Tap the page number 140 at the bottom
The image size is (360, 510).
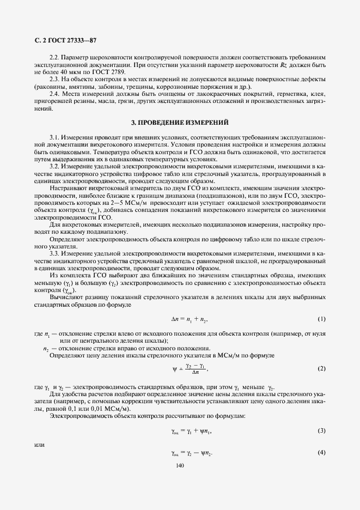point(180,465)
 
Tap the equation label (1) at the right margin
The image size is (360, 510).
point(321,318)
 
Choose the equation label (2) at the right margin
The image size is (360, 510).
point(321,369)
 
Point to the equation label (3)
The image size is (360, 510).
point(321,430)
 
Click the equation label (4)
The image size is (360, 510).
point(321,452)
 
